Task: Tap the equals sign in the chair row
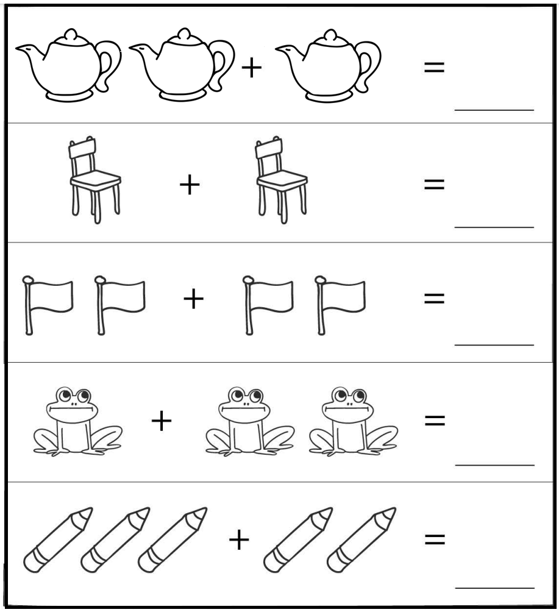click(434, 184)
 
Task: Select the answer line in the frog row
click(494, 465)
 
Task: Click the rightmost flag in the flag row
click(340, 303)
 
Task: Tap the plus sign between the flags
click(193, 300)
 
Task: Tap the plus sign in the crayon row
click(239, 540)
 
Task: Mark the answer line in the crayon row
click(494, 588)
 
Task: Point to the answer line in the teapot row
click(494, 110)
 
